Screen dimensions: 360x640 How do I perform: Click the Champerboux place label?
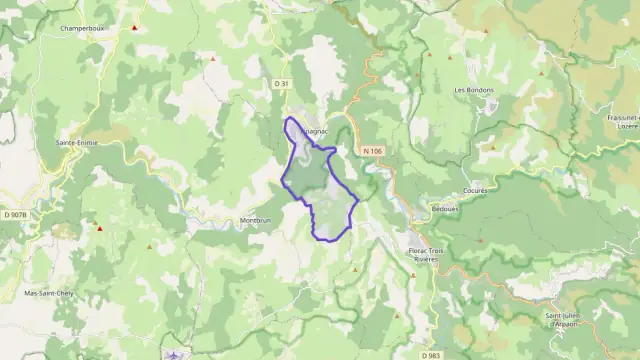tap(83, 29)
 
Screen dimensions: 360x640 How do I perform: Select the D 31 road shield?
tap(281, 82)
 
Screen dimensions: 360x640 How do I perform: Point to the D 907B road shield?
tap(15, 214)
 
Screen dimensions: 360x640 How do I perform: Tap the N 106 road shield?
tap(373, 150)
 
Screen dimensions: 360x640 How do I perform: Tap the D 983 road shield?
tap(431, 355)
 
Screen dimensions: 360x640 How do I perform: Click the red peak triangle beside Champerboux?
tap(134, 27)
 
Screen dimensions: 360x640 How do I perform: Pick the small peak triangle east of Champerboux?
tap(212, 59)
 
